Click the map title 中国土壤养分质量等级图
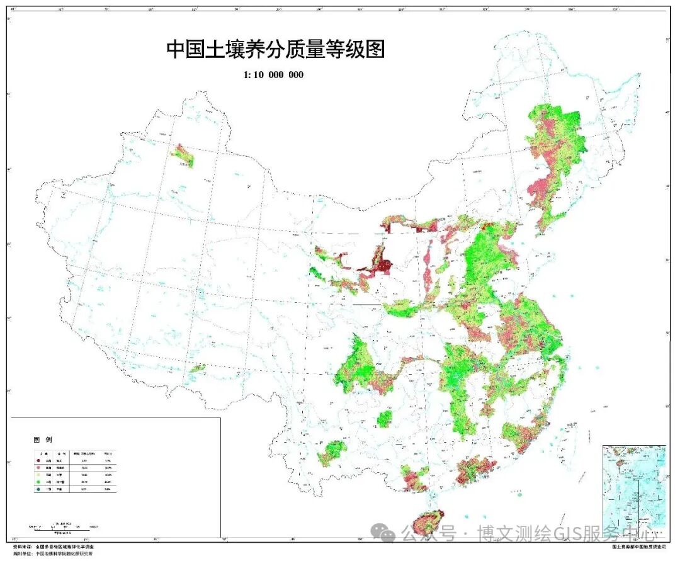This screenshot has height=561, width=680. click(275, 49)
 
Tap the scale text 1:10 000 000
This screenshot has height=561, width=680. click(273, 75)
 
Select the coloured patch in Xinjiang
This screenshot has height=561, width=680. click(183, 156)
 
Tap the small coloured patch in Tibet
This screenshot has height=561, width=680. click(198, 368)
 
